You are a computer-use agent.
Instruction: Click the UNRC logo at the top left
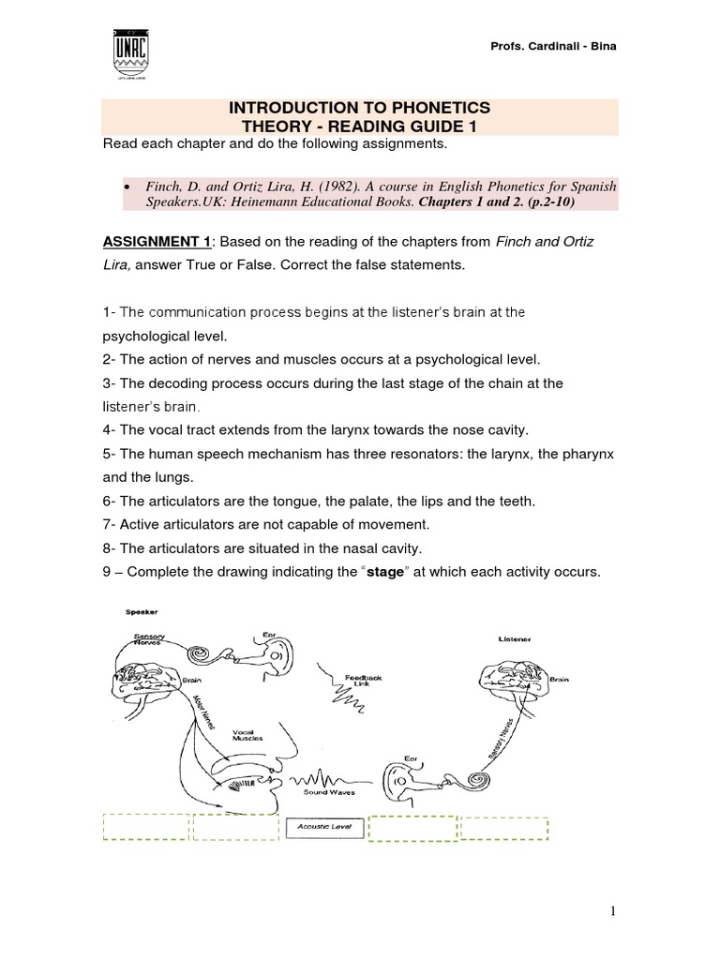pos(130,55)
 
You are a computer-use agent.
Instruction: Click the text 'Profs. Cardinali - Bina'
pos(554,47)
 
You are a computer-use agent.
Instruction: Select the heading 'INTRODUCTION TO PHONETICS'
pos(360,110)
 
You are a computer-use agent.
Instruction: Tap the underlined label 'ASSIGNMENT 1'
pos(149,242)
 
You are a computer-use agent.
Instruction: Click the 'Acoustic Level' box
pos(323,827)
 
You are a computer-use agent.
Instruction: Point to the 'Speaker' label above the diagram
pos(141,611)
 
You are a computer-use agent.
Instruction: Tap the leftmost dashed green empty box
pos(144,828)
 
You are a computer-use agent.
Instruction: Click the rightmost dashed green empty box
pos(504,828)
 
